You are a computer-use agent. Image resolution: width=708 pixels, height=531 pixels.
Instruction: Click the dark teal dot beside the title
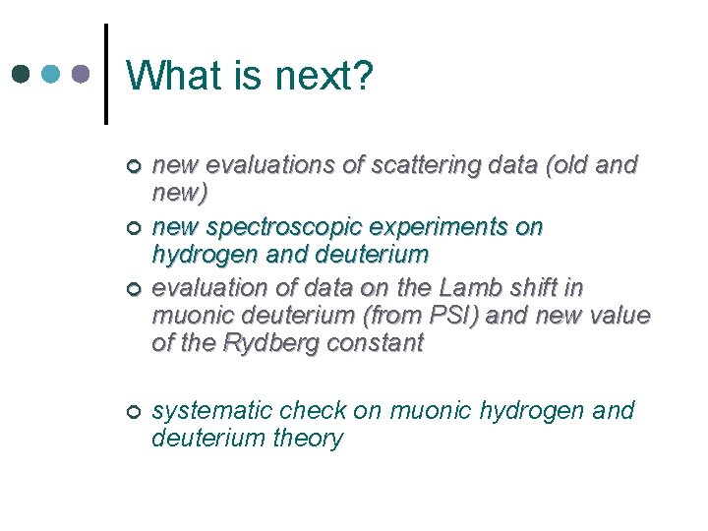point(23,74)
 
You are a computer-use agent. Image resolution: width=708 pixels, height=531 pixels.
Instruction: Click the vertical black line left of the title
point(105,74)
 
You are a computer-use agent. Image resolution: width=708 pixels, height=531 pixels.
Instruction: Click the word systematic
point(213,410)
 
